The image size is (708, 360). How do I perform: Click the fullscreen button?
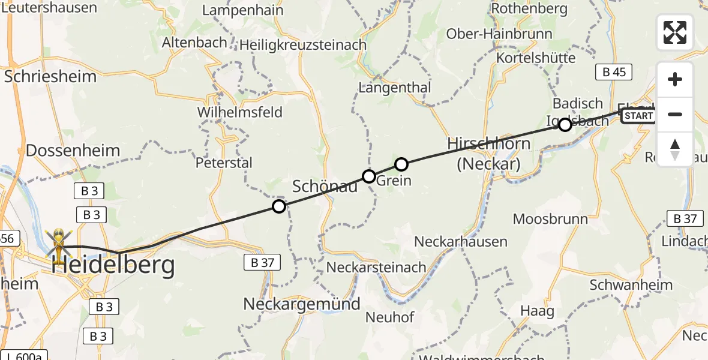[x=675, y=32]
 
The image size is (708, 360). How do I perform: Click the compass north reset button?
[x=675, y=149]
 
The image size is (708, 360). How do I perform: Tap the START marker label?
[x=638, y=116]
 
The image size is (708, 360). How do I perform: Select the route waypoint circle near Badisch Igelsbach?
[x=565, y=125]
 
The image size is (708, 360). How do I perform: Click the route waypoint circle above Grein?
[x=401, y=164]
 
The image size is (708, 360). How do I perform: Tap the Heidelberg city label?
[x=113, y=265]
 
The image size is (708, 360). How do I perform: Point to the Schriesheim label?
[x=50, y=76]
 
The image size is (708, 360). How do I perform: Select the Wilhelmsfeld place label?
[x=239, y=112]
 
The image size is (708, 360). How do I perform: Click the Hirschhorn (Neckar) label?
[x=488, y=154]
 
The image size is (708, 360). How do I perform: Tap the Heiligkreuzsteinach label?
[x=303, y=45]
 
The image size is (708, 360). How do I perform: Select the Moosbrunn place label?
[x=550, y=218]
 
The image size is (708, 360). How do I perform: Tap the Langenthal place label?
[x=394, y=87]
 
